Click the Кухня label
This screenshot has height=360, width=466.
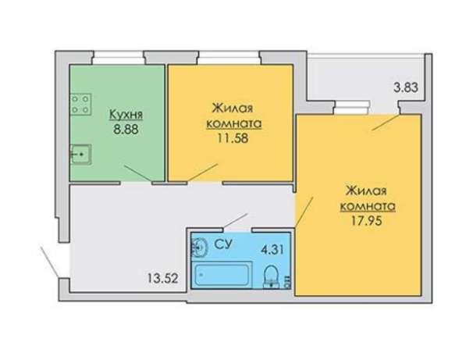tap(126, 115)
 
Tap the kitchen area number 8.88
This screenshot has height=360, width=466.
tap(126, 130)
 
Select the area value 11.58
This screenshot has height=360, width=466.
tap(233, 138)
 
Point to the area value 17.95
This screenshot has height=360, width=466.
tap(366, 221)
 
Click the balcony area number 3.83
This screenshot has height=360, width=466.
tap(406, 87)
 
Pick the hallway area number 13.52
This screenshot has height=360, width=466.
tap(163, 279)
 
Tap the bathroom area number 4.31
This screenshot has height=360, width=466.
tap(272, 249)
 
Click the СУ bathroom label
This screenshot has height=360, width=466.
tap(223, 244)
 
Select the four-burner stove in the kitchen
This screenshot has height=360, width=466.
tap(80, 105)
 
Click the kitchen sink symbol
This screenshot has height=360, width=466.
tap(80, 155)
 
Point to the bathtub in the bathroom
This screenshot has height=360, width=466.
tap(222, 275)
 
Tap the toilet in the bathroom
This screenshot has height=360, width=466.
tap(271, 276)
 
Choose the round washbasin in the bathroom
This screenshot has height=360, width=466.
tap(200, 247)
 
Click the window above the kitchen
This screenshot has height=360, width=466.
tap(119, 58)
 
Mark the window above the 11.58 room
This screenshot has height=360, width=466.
tap(229, 58)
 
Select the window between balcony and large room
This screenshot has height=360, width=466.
tap(352, 108)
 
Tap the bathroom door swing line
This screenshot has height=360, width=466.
tap(235, 220)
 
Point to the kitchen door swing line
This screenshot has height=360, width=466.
tap(138, 173)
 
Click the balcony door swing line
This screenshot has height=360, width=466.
tap(386, 122)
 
